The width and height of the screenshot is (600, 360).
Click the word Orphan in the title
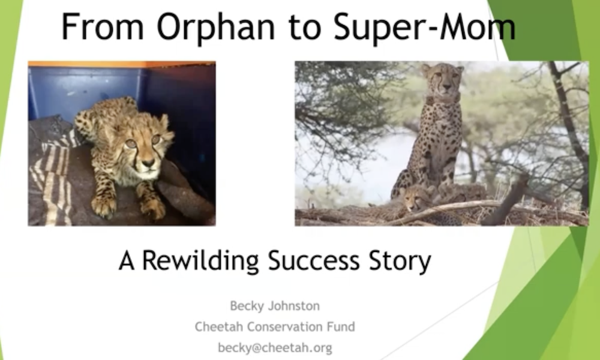coord(216,28)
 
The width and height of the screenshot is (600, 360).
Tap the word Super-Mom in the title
coord(424,28)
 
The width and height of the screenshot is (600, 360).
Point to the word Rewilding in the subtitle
coord(200,261)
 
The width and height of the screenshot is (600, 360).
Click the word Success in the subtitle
coord(314,260)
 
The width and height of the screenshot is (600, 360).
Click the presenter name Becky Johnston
coord(275,306)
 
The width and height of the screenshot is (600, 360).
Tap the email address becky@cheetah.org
coord(275,348)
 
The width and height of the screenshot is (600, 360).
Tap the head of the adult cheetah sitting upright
coord(443,79)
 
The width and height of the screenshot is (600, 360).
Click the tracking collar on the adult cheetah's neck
coord(443,99)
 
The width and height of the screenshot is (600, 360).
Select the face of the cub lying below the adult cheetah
coord(414,199)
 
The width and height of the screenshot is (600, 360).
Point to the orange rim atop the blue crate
coord(122,64)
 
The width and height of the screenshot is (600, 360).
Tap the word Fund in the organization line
coord(341,327)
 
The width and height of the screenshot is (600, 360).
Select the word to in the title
coord(304,28)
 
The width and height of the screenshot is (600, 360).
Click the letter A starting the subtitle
coord(127,261)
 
